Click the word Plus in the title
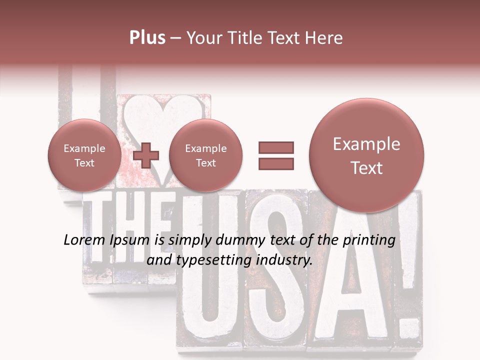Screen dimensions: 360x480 pos(147,38)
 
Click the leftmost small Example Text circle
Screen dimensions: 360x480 pos(84,155)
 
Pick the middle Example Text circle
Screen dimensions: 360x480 pos(205,155)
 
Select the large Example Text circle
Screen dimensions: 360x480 pos(366,155)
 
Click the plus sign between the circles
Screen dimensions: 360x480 pos(145,155)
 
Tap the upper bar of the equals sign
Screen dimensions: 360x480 pos(276,147)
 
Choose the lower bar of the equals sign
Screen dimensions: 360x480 pos(276,163)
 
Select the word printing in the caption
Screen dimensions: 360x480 pos(369,240)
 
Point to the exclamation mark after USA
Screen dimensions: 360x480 pos(407,280)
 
